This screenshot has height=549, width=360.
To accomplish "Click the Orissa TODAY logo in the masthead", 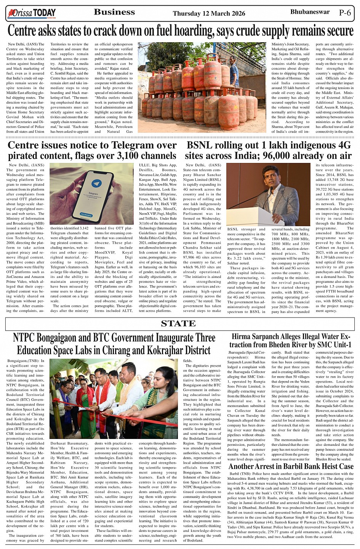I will pyautogui.click(x=32, y=14).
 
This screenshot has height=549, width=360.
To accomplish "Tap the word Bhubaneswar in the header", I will pyautogui.click(x=310, y=12).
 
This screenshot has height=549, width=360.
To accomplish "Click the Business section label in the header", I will pyautogui.click(x=114, y=12).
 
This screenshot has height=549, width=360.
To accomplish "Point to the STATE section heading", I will pyautogui.click(x=178, y=324).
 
